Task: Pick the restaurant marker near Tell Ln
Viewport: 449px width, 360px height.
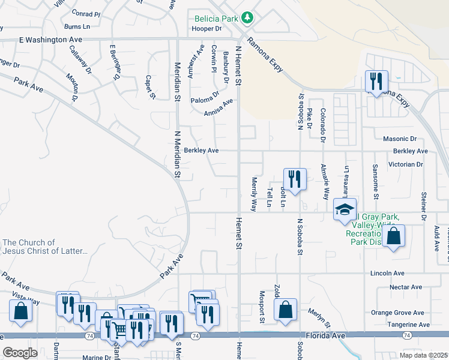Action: tap(294, 179)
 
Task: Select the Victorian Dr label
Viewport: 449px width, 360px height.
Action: tap(406, 164)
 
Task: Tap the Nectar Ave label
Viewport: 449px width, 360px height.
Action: tap(406, 287)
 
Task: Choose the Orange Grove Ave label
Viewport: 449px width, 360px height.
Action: tap(397, 313)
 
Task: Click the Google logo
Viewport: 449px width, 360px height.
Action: tap(20, 353)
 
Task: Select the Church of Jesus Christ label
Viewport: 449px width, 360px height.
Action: tap(45, 247)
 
